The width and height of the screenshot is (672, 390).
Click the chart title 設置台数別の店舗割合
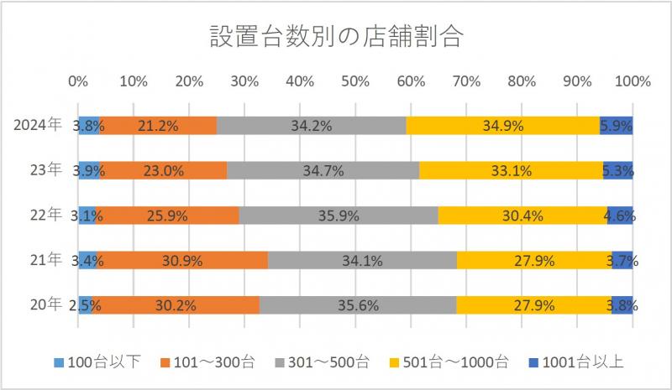(x=335, y=36)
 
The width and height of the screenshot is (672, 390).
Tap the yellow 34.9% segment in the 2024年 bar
(x=502, y=126)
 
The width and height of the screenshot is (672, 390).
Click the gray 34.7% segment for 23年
(x=323, y=170)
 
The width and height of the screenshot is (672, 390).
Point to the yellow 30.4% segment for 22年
(x=522, y=216)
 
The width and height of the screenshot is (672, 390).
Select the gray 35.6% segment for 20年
(x=358, y=305)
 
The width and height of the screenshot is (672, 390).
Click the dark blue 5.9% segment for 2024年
(x=616, y=126)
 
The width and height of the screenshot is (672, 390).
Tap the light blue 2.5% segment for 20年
(x=85, y=305)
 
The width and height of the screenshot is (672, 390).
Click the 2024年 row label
(x=39, y=126)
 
